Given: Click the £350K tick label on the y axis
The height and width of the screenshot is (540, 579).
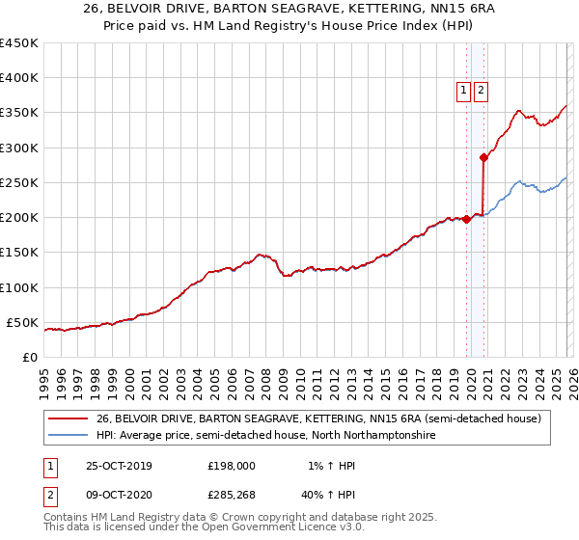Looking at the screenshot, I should [x=19, y=113].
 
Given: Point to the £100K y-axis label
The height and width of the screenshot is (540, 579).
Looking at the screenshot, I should [x=19, y=287].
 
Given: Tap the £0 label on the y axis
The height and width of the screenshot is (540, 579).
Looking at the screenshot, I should [x=31, y=357].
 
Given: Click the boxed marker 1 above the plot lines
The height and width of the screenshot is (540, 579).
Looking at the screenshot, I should [x=463, y=91].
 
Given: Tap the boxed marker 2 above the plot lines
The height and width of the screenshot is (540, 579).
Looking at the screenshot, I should [x=480, y=91].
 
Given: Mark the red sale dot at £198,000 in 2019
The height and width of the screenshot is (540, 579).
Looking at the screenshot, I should [x=467, y=219].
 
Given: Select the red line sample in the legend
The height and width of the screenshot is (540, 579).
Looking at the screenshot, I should [x=69, y=419].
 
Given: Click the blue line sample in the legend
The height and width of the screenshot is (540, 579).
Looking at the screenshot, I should [x=69, y=436].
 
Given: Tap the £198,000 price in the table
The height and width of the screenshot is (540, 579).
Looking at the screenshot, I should [x=232, y=466].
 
